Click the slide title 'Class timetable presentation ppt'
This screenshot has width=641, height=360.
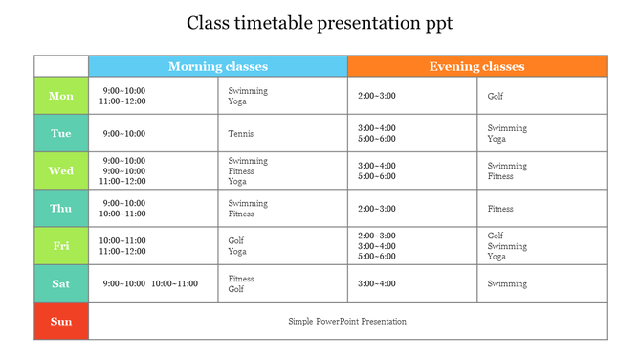pos(320,22)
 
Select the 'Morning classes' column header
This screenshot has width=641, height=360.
pos(218,66)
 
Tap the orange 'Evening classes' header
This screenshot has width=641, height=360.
pos(476,66)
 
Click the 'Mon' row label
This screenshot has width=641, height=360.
pos(61,96)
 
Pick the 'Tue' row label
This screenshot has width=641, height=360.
pos(61,134)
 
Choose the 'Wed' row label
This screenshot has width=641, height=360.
pos(61,171)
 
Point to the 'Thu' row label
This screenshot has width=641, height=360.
pos(61,209)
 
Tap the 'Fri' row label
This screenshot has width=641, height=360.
pos(61,246)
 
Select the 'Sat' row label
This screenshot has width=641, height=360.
pos(61,283)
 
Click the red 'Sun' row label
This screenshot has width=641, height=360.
pos(61,322)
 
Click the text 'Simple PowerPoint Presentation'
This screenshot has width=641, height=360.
pos(347,322)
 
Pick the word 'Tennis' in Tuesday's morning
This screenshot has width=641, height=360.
pos(241,134)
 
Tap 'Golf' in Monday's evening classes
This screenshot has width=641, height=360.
pos(496,96)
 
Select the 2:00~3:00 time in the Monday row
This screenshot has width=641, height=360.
pos(377,96)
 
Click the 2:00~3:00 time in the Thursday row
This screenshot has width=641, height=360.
pos(377,209)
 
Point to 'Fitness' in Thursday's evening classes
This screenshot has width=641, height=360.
pos(500,209)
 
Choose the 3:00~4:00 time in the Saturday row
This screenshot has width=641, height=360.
pos(377,284)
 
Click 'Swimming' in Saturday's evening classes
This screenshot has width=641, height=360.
pos(507,284)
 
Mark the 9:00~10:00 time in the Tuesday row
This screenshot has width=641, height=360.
pos(124,134)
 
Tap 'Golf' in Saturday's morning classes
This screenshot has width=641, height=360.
pos(236,289)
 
